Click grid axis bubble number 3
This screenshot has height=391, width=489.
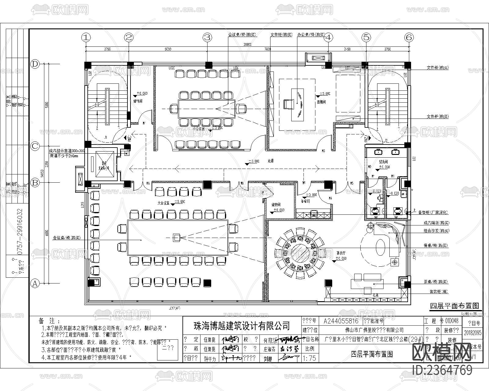[208, 38]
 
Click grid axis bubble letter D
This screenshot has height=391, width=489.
[35, 64]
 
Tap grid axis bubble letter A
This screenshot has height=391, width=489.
[35, 283]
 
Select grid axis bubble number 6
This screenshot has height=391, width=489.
[409, 38]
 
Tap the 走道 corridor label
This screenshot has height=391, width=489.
[271, 160]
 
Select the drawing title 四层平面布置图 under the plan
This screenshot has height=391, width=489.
[454, 306]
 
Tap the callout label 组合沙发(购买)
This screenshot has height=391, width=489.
[436, 231]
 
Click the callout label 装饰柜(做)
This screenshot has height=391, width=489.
[439, 292]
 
